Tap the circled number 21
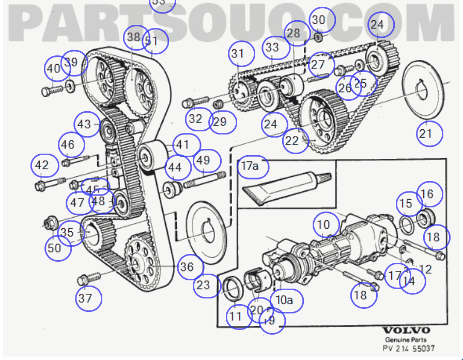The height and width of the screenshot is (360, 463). [x=429, y=133]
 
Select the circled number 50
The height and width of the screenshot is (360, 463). [x=58, y=248]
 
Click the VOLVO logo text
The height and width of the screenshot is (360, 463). [x=406, y=330]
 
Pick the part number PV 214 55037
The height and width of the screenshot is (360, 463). [x=408, y=348]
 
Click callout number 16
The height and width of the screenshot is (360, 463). [x=429, y=194]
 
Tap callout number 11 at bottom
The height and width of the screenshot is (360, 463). [x=238, y=316]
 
